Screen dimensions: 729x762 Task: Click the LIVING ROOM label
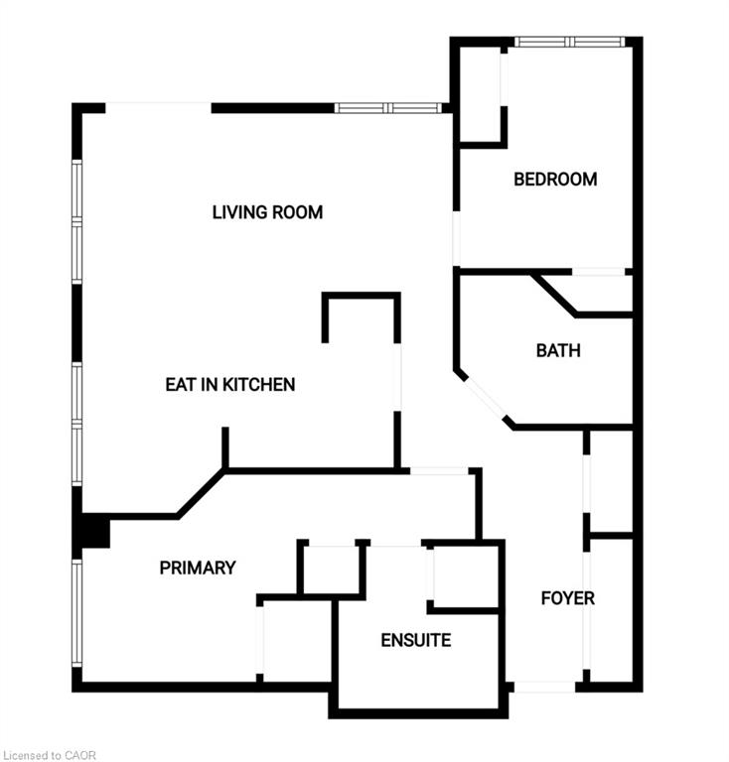coord(267,212)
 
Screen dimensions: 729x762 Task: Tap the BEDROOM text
coord(555,180)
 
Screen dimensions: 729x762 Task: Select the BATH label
coord(558,350)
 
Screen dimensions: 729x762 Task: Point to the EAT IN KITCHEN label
coord(230,384)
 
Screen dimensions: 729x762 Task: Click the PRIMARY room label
coord(198,568)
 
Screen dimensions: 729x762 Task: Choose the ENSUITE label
coord(416,640)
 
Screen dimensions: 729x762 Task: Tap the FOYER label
coord(568,597)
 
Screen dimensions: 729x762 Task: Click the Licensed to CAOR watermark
coord(50,755)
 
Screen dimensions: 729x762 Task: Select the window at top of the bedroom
coord(569,42)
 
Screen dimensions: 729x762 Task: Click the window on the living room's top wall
coord(388,108)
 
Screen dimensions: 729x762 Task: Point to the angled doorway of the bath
coord(485,399)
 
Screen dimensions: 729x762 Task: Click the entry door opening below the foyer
coord(544,688)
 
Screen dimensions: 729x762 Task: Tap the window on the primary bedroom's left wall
coord(76,613)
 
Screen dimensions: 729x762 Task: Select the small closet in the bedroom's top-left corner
coord(480,96)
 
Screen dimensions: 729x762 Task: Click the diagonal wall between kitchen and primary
coord(202,493)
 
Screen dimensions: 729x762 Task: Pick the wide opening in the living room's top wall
coord(159,108)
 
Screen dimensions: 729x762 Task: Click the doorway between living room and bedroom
coord(456,238)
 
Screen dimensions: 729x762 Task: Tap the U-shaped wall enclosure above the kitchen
coord(362,317)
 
